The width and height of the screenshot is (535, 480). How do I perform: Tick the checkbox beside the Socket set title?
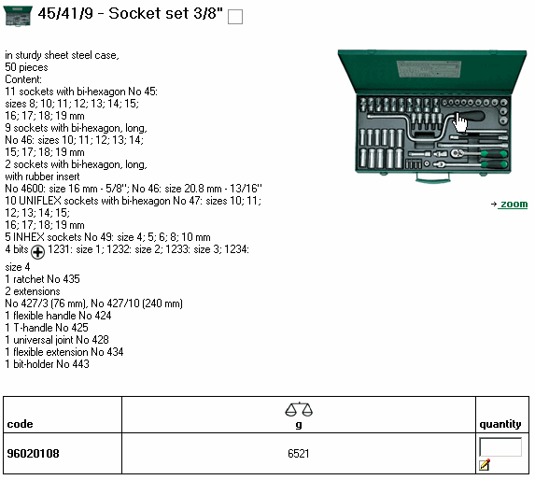(235, 17)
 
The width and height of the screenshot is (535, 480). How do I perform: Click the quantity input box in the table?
(500, 446)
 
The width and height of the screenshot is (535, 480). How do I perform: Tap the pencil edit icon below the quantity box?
(485, 464)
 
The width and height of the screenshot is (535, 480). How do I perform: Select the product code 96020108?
(33, 454)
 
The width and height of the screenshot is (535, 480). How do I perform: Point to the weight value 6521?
(299, 454)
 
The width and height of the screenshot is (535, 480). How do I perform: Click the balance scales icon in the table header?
(299, 409)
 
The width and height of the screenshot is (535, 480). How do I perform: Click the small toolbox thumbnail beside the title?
(18, 16)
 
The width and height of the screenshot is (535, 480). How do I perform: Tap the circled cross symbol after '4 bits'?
(37, 252)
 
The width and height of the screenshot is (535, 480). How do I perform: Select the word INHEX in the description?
(29, 237)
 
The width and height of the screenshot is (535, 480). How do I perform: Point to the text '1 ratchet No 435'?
(42, 279)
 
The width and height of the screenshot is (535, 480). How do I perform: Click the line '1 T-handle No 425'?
(47, 328)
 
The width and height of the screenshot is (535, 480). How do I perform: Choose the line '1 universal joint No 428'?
(57, 340)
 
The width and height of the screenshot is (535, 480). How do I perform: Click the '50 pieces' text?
(27, 67)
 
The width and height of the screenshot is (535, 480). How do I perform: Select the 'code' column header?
(21, 424)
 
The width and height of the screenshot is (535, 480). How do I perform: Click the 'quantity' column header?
(500, 424)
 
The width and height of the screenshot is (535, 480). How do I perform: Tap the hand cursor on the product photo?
(460, 122)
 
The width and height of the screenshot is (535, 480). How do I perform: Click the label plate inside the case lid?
(429, 69)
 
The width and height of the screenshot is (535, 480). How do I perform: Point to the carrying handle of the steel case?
(432, 177)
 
